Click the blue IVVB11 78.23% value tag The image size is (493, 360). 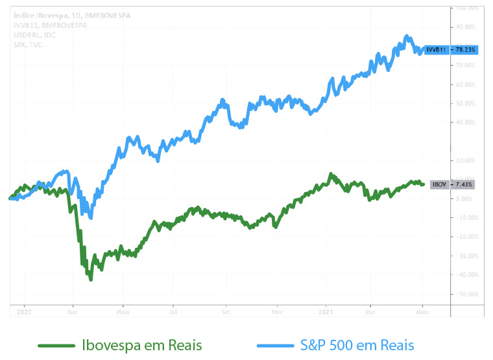coord(451,49)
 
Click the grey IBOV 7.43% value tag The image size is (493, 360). coord(452,184)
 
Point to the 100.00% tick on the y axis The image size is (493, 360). coord(466,8)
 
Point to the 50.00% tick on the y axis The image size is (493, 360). coord(466,103)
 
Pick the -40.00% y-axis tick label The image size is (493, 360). coord(466,274)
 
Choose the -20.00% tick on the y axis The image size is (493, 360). coord(466,236)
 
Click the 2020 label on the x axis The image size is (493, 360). coord(24,311)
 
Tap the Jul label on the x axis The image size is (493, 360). coord(173,311)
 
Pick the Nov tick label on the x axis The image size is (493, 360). coord(276,311)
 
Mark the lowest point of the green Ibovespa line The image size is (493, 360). coord(91,280)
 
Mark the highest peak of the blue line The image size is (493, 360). coord(406,36)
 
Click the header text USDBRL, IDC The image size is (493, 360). coord(34,35)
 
